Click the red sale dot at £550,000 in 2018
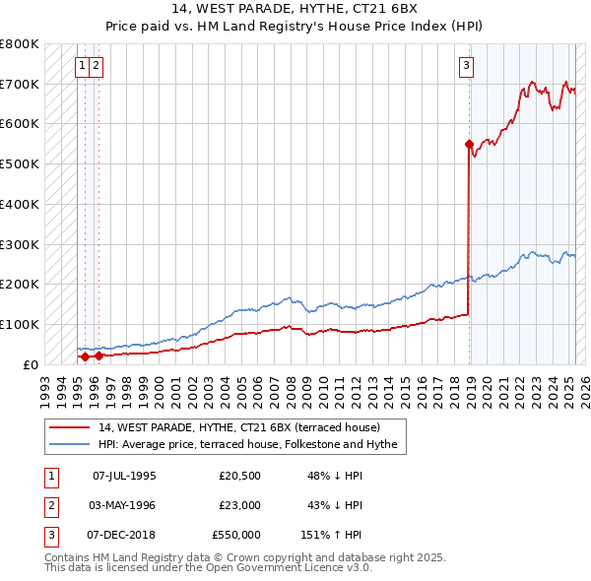pos(469,144)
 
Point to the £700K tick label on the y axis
pos(20,84)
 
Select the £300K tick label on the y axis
pos(20,244)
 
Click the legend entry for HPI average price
pos(247,445)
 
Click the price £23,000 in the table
pos(240,505)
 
